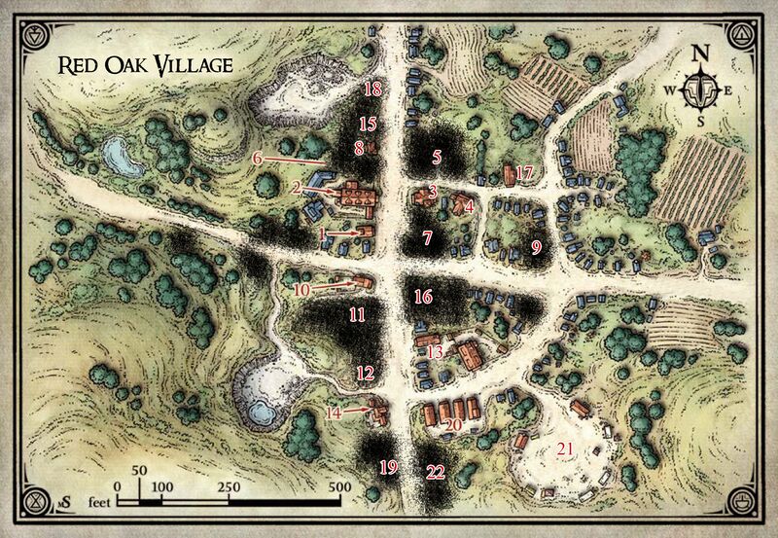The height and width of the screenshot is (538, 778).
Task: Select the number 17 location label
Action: pyautogui.click(x=525, y=173)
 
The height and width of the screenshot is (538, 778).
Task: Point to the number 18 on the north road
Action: pyautogui.click(x=373, y=90)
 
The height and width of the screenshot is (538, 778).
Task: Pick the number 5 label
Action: pyautogui.click(x=438, y=156)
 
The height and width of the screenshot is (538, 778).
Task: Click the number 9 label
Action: pyautogui.click(x=536, y=247)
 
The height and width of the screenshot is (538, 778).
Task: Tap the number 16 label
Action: pyautogui.click(x=422, y=296)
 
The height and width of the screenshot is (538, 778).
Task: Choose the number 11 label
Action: pyautogui.click(x=357, y=314)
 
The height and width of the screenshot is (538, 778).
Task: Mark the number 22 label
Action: pyautogui.click(x=436, y=472)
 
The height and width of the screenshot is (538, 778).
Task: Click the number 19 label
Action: pyautogui.click(x=388, y=468)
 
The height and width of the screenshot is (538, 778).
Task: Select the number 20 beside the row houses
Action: pyautogui.click(x=452, y=424)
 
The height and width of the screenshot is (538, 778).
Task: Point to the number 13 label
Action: pyautogui.click(x=435, y=350)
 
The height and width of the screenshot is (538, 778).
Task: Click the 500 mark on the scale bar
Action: pyautogui.click(x=338, y=486)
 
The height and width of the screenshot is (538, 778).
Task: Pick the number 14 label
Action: pyautogui.click(x=334, y=412)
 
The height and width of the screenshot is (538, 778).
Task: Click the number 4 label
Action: pyautogui.click(x=469, y=205)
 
